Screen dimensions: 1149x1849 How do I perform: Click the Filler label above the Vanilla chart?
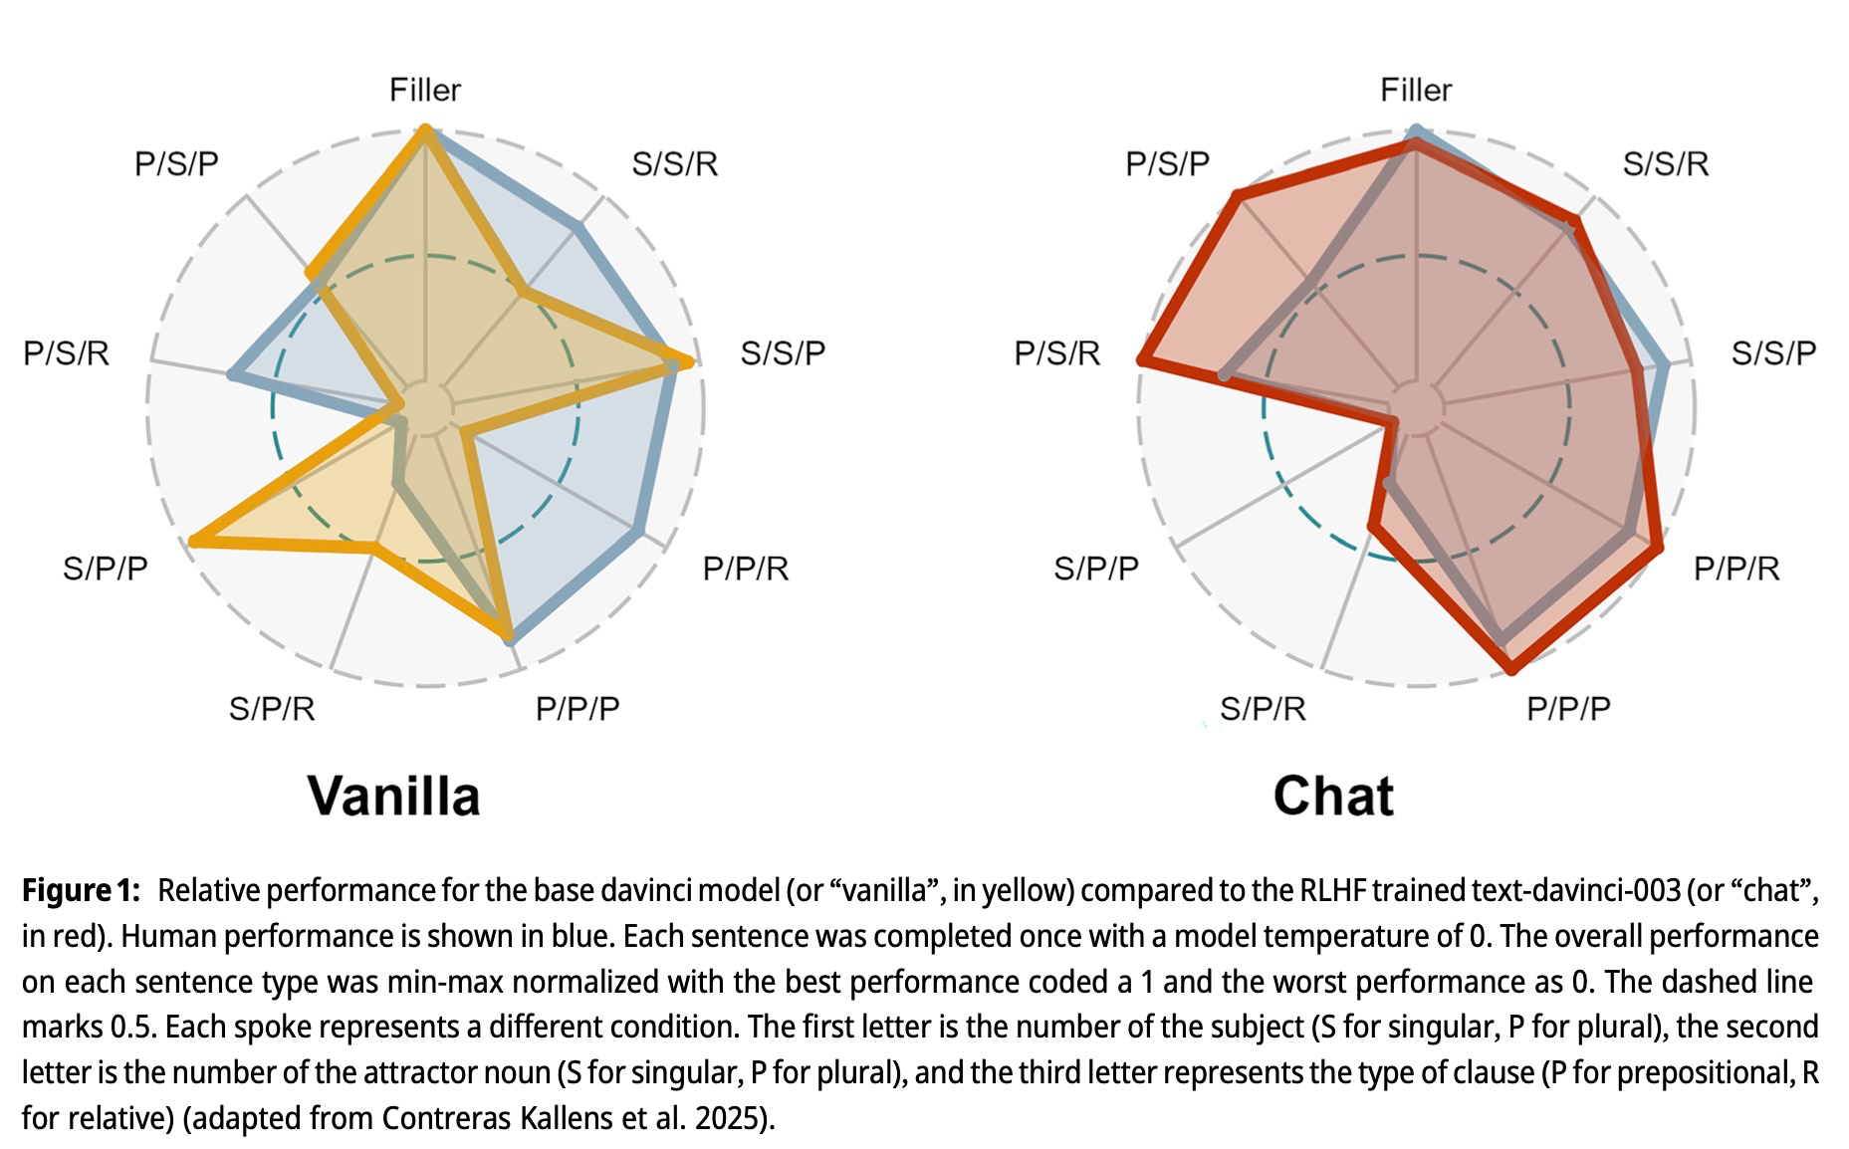pos(425,91)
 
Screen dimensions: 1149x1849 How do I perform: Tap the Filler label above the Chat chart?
pos(1415,91)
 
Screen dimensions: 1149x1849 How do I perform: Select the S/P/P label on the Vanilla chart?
pos(105,569)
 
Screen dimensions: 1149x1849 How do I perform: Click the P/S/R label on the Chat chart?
pos(1056,353)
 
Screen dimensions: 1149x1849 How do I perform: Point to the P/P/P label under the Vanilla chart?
pos(578,709)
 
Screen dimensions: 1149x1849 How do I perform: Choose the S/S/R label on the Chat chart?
pos(1665,164)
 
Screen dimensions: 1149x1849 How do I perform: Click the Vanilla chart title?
pos(393,797)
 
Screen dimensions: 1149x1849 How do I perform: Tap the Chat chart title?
pos(1333,797)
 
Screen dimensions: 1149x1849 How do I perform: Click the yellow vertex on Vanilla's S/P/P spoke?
pos(194,541)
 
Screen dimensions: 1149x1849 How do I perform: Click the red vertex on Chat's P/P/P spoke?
pos(1512,668)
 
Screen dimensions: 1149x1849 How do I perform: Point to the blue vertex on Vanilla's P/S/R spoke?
pos(232,374)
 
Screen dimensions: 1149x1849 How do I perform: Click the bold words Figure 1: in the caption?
pos(81,890)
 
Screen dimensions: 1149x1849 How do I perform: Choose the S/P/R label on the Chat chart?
pos(1262,709)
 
